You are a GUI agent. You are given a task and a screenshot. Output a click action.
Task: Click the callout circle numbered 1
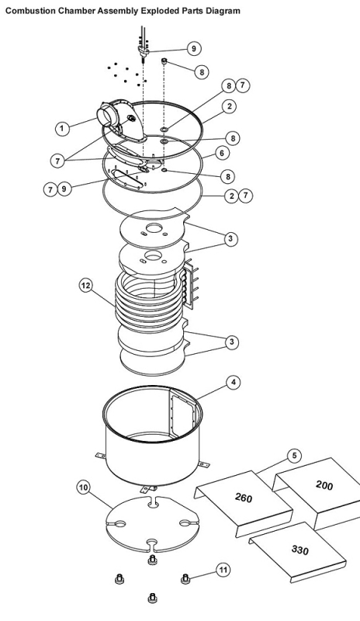coord(61,128)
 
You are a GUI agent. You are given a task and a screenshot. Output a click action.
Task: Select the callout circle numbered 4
coord(234,382)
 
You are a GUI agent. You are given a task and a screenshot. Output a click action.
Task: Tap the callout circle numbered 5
coord(294,456)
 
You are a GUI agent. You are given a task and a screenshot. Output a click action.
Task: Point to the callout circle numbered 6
coord(222,153)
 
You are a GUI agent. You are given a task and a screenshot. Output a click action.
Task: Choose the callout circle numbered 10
coord(83,487)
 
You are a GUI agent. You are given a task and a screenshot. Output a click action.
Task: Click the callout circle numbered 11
coord(223,570)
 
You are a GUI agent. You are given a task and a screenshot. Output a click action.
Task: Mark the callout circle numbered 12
coord(86,286)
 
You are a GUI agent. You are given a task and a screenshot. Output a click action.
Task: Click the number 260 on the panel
coord(244,498)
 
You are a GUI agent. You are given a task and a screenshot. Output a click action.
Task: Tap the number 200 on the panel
coord(324,484)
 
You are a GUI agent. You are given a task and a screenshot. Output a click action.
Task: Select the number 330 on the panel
coord(300,550)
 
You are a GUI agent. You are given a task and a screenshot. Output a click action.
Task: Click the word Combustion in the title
coord(30,11)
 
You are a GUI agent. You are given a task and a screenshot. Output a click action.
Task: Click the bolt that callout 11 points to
coord(185,578)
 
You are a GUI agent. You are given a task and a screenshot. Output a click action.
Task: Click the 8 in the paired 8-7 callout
coord(229,85)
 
